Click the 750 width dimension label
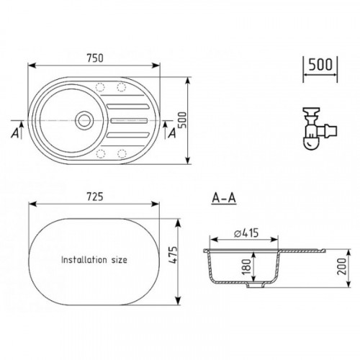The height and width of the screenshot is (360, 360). point(95,58)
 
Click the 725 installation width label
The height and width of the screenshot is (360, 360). point(95,197)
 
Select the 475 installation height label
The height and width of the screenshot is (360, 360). point(174,255)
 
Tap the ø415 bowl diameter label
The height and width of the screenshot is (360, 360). point(246,233)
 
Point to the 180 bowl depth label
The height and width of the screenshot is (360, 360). point(246,266)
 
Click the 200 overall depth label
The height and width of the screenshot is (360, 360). point(342,266)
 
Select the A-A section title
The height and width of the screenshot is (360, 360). point(224,198)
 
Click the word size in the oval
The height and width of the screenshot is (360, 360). point(119,260)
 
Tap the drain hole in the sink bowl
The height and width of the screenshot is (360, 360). point(84,120)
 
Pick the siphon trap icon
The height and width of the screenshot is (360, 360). point(319,128)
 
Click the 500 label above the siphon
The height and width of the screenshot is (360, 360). point(320,64)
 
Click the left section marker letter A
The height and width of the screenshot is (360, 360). point(15,132)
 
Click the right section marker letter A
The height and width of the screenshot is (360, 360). point(172,133)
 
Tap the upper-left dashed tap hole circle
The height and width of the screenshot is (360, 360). point(100,87)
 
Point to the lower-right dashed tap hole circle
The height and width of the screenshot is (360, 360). point(122,153)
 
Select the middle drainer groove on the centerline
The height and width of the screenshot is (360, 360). point(129,120)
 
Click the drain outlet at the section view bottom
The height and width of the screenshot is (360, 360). point(256,285)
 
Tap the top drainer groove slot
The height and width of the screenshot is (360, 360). point(127,106)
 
